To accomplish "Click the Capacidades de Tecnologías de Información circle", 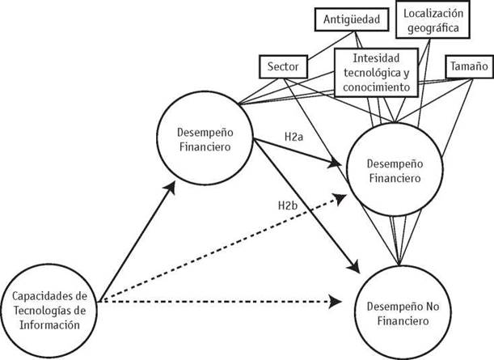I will click(53, 307).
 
